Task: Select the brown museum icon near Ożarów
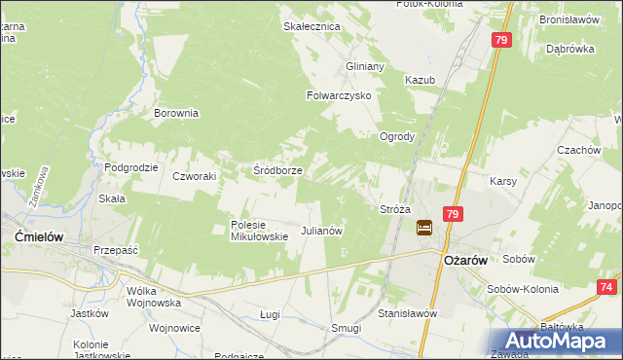(x=425, y=228)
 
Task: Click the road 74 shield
(x=606, y=287)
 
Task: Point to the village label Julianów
(x=321, y=232)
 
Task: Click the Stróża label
(x=394, y=209)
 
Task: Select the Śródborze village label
(x=277, y=170)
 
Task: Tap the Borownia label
(x=176, y=113)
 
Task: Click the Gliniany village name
(x=365, y=66)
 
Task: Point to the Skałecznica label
(x=311, y=26)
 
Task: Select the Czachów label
(x=578, y=151)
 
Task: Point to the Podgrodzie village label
(x=131, y=167)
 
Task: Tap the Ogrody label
(x=398, y=137)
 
